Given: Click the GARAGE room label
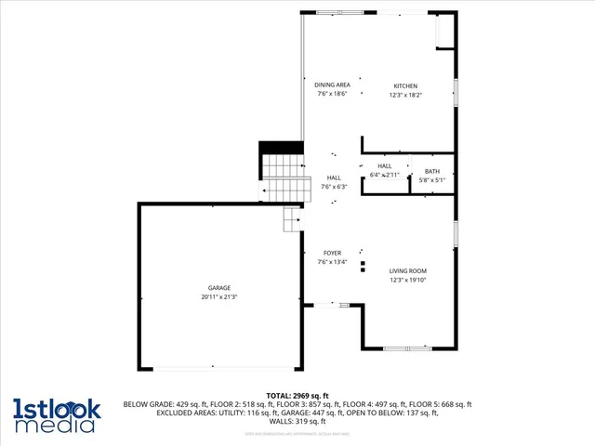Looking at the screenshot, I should pyautogui.click(x=219, y=288).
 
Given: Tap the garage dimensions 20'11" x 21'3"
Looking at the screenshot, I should pyautogui.click(x=219, y=297).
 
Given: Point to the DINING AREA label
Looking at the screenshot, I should pyautogui.click(x=332, y=85).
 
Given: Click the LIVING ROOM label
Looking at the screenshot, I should pyautogui.click(x=407, y=270).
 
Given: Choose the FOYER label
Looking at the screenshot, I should pyautogui.click(x=332, y=253).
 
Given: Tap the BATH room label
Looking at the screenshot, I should pyautogui.click(x=432, y=171).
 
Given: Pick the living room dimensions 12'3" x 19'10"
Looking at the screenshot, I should pyautogui.click(x=407, y=280).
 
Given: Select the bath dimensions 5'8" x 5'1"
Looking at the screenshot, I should pyautogui.click(x=432, y=180).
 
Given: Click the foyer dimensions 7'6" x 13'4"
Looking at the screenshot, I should pyautogui.click(x=332, y=262).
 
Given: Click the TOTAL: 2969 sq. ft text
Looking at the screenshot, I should pyautogui.click(x=297, y=396).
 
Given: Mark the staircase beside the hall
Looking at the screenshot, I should pyautogui.click(x=284, y=177).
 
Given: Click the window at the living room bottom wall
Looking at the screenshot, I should pyautogui.click(x=407, y=348).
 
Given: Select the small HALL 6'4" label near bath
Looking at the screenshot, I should pyautogui.click(x=384, y=165).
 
